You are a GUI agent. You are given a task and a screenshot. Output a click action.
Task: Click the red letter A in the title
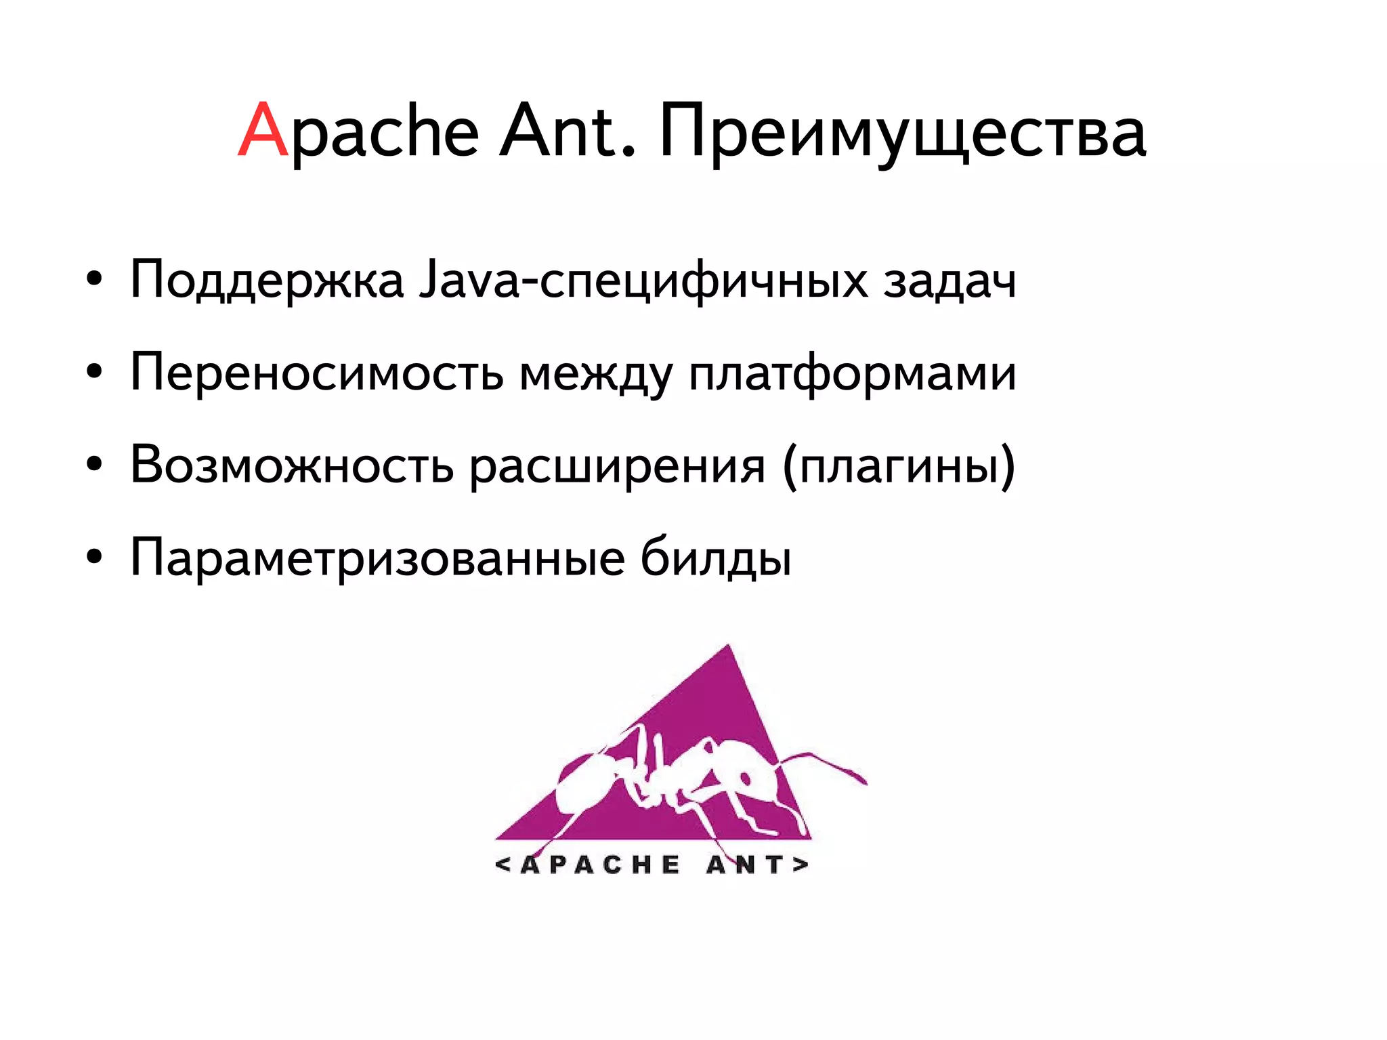pyautogui.click(x=263, y=131)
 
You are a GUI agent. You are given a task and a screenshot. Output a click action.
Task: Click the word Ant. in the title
pyautogui.click(x=568, y=131)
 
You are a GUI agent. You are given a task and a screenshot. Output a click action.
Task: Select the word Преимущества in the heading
pyautogui.click(x=902, y=132)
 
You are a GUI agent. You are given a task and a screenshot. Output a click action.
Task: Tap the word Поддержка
pyautogui.click(x=267, y=280)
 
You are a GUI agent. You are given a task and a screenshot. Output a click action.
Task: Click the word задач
pyautogui.click(x=949, y=280)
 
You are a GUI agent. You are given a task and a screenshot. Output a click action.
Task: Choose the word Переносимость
pyautogui.click(x=316, y=373)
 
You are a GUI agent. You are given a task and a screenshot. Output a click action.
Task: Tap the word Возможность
pyautogui.click(x=291, y=465)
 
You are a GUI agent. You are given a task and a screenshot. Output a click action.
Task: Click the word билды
pyautogui.click(x=716, y=558)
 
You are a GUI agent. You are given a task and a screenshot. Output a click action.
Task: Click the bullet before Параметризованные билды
pyautogui.click(x=94, y=557)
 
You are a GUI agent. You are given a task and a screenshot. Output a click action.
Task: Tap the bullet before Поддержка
pyautogui.click(x=94, y=278)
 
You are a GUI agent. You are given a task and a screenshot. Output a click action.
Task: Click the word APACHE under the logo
pyautogui.click(x=600, y=865)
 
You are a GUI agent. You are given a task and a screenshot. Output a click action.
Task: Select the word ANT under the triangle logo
pyautogui.click(x=746, y=865)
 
